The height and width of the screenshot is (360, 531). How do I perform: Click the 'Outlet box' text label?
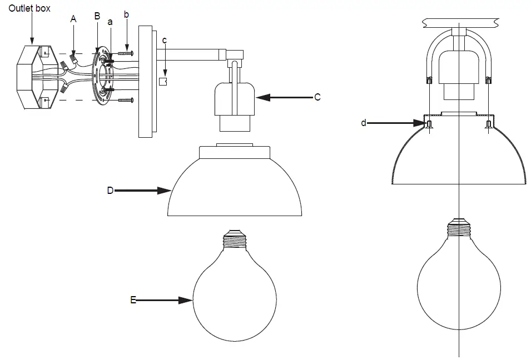29,8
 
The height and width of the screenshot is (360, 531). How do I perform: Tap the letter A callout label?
73,18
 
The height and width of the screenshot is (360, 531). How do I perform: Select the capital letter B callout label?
97,17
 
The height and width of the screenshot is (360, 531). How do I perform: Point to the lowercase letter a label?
110,22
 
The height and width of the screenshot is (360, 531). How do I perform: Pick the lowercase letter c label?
164,41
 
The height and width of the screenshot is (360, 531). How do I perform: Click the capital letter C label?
317,97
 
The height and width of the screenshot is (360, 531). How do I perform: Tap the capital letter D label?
110,190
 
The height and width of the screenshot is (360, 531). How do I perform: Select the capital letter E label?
133,300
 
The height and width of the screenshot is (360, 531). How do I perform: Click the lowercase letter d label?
364,123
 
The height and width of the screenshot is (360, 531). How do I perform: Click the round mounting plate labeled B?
100,77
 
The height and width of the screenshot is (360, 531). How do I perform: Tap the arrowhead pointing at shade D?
167,191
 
